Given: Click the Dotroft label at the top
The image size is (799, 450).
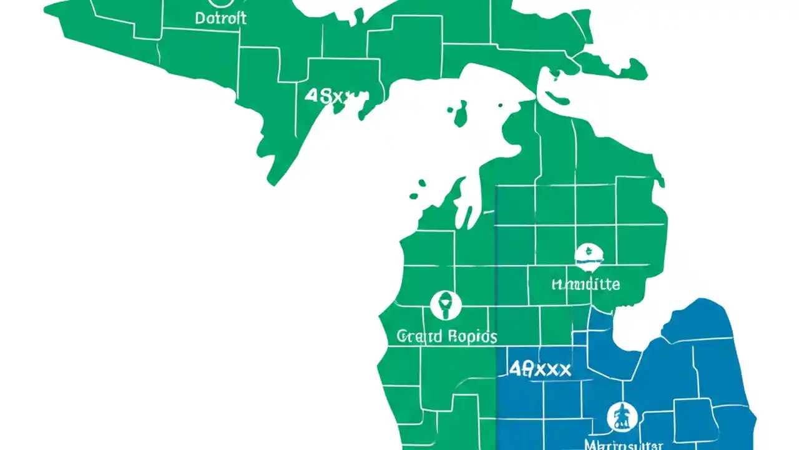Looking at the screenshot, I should [220, 18].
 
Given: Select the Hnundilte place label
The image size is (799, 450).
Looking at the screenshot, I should [586, 284].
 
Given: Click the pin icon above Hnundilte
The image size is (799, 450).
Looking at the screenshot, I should [589, 256].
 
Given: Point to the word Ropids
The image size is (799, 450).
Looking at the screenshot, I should [472, 337].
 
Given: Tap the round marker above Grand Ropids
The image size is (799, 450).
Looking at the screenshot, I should [446, 306].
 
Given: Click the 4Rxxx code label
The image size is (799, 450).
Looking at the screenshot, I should [540, 369].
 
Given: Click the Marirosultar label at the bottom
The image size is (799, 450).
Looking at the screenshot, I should [624, 444].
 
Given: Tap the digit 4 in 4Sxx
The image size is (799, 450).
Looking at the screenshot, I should [310, 96].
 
